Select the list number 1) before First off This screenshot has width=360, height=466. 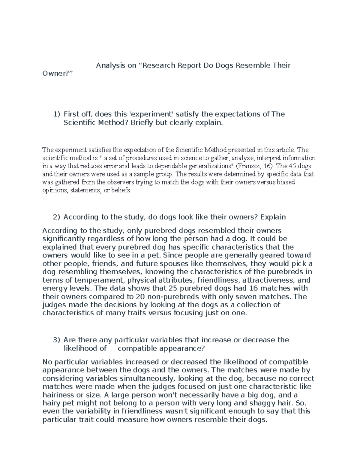point(56,114)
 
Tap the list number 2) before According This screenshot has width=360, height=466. point(56,217)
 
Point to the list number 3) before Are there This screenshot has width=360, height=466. point(56,340)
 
